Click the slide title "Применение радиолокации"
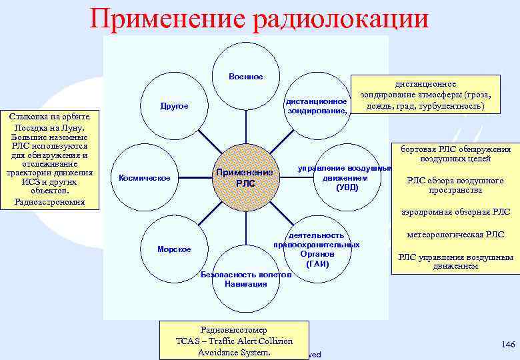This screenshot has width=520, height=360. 259,18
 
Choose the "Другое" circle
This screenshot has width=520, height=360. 175,106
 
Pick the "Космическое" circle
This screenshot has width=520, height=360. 144,177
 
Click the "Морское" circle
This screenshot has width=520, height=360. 174,249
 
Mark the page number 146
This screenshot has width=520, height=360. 508,343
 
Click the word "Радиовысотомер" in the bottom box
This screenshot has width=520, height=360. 233,329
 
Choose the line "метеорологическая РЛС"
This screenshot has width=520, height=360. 456,234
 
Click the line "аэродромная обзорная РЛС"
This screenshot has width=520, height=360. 456,212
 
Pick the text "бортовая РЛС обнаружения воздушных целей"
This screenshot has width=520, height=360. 456,154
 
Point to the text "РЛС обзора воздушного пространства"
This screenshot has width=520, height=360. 456,185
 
